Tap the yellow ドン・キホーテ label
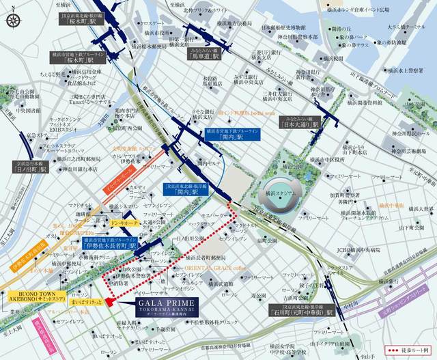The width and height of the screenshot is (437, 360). [125, 223]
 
